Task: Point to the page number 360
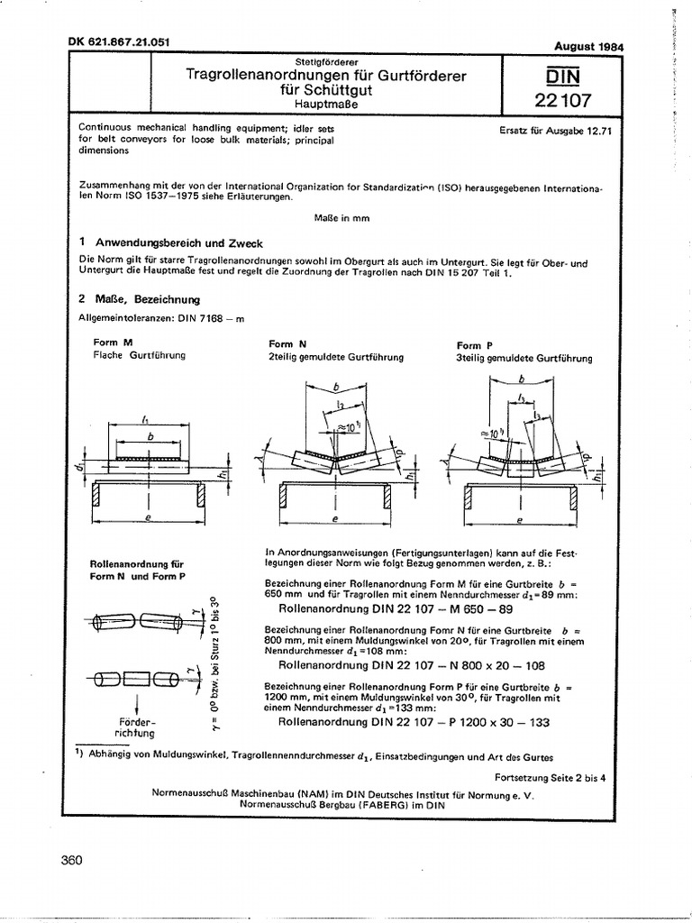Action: (x=71, y=860)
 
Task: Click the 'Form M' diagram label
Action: (x=114, y=343)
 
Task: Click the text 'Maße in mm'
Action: (x=341, y=218)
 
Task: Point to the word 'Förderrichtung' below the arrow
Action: (x=137, y=728)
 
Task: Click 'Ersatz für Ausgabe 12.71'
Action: (x=555, y=130)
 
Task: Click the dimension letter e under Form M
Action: (x=149, y=520)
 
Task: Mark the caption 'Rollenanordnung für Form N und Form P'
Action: (x=136, y=570)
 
